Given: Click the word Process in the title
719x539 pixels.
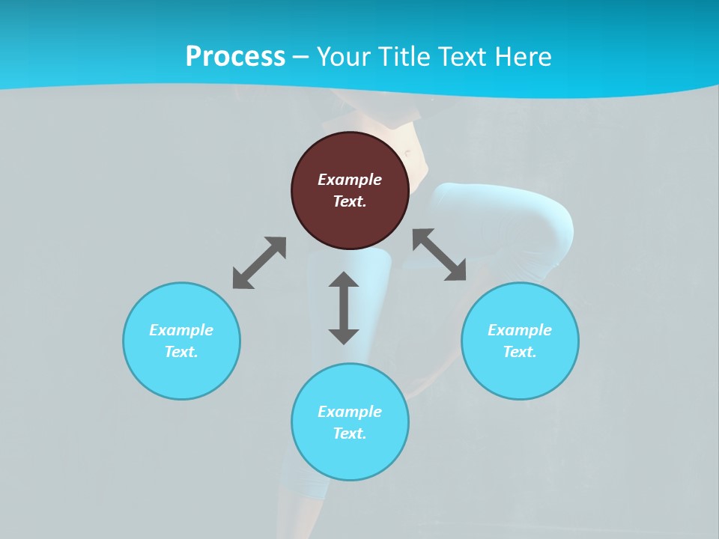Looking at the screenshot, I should pos(235,57).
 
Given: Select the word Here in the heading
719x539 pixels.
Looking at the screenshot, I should pos(523,57).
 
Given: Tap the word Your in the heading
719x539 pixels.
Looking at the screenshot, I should pos(345,57).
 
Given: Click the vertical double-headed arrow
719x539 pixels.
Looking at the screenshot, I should pos(344,308).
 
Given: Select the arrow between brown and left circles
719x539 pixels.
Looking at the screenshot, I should pos(259,263).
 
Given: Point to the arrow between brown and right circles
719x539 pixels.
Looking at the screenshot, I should pos(440,255).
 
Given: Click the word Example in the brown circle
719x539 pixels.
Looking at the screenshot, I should pos(350,180).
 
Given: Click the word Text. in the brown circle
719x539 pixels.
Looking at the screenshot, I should pos(350,201).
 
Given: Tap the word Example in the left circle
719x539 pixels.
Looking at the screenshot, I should pos(181,330).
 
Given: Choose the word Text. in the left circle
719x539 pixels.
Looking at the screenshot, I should pos(181,352).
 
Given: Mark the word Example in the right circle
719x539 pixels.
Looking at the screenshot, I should pos(520,330).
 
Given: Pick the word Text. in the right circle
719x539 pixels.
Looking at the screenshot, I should pos(520,352).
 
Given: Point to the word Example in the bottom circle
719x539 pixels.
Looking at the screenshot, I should pos(350,412).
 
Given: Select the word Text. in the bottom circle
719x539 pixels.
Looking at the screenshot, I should pos(350,433).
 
